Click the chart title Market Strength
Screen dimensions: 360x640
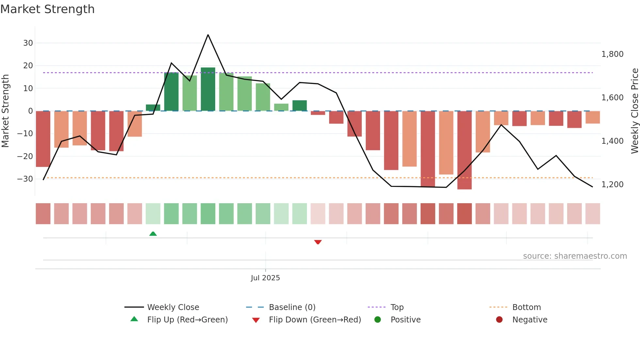point(47,9)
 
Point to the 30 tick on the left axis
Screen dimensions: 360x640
point(28,43)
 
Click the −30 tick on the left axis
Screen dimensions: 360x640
point(25,179)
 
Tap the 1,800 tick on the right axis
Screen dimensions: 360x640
point(612,54)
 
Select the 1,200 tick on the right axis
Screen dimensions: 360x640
point(612,185)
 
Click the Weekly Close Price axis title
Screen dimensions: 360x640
point(634,111)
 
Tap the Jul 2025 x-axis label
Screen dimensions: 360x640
point(265,278)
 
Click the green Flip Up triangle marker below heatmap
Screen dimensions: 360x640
point(153,234)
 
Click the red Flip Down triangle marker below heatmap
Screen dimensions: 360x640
point(318,242)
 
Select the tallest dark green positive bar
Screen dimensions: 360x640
point(208,89)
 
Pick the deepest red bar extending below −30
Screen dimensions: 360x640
point(464,150)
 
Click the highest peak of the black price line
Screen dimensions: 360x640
point(208,35)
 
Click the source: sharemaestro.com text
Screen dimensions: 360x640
point(575,256)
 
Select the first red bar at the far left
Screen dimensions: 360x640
point(43,139)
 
